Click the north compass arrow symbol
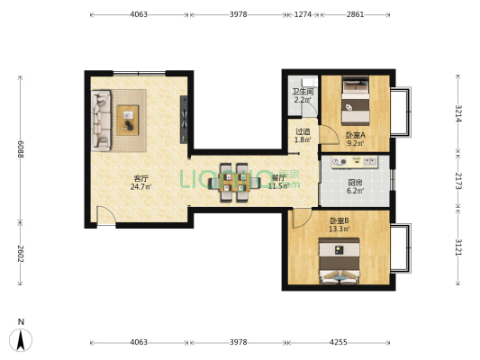click(x=21, y=339)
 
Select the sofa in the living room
click(x=100, y=120)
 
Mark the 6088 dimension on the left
click(x=19, y=148)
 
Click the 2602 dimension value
click(x=19, y=253)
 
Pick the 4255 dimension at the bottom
click(x=338, y=342)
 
